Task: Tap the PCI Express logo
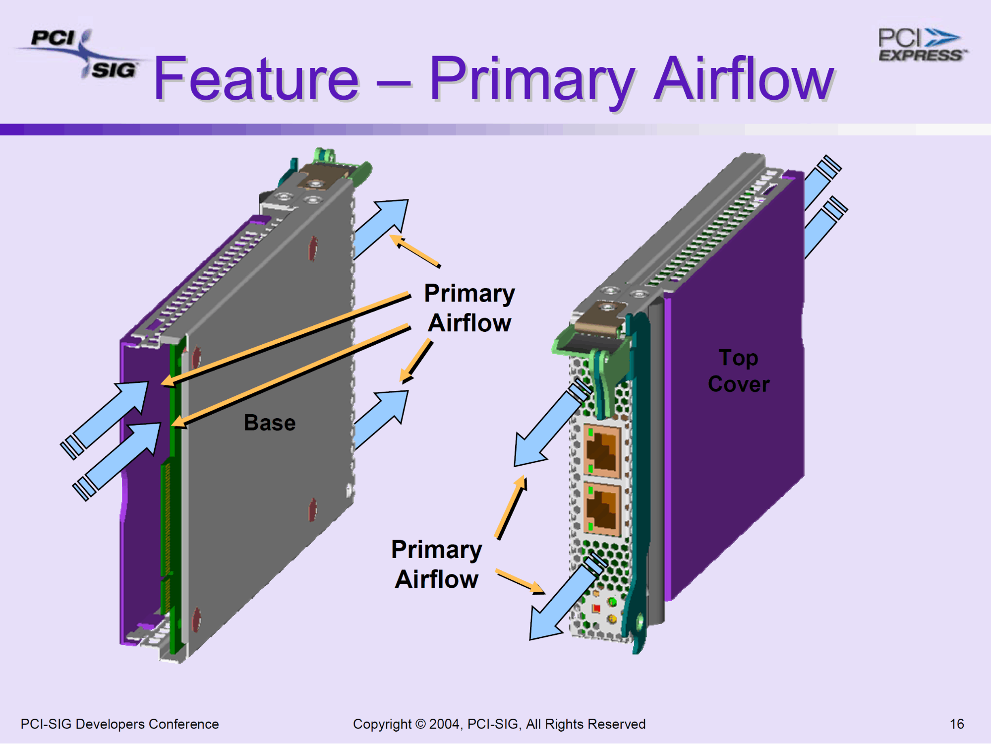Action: tap(921, 45)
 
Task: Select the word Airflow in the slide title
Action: tap(744, 79)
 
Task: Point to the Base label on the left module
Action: tap(270, 423)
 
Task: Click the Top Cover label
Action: tap(739, 371)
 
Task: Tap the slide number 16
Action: tap(957, 724)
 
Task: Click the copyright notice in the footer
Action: tap(499, 724)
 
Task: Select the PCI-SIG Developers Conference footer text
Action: tap(119, 724)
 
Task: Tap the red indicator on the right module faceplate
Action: tap(596, 608)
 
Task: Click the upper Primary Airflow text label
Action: tap(469, 308)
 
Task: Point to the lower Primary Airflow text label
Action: tap(436, 564)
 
